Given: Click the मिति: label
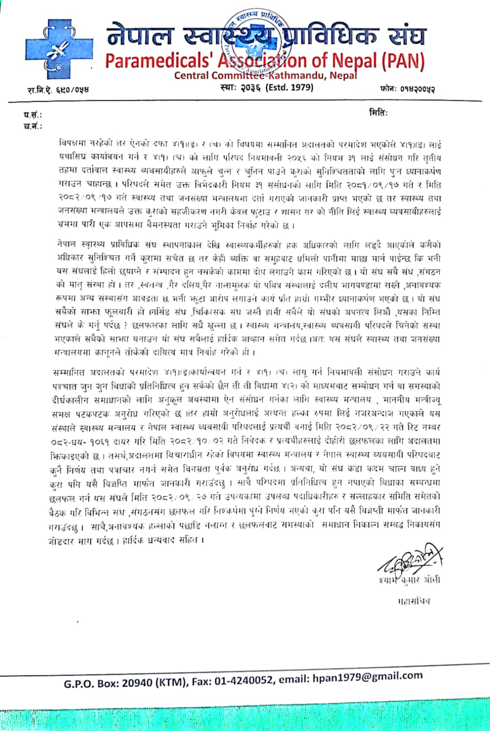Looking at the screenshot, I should click(378, 112).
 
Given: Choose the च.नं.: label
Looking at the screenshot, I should click(32, 127).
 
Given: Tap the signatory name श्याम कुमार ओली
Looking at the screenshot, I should click(409, 580).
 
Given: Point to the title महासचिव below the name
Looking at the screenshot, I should click(414, 601).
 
